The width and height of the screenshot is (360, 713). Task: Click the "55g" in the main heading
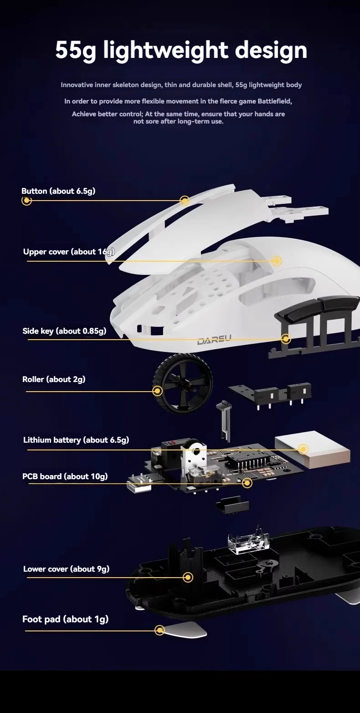click(x=76, y=50)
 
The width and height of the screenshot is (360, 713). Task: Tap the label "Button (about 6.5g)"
click(x=58, y=191)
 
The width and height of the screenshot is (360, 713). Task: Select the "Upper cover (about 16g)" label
click(x=69, y=252)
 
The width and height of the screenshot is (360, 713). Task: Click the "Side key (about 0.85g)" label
click(x=64, y=331)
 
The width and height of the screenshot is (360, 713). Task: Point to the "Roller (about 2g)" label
click(x=54, y=379)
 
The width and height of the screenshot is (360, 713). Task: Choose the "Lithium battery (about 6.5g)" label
click(x=76, y=440)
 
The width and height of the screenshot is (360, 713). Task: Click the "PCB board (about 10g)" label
click(x=65, y=476)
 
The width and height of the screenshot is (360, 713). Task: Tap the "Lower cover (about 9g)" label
click(x=66, y=569)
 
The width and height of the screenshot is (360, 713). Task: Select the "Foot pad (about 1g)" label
click(x=65, y=619)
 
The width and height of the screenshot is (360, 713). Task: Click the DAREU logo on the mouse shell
click(x=214, y=341)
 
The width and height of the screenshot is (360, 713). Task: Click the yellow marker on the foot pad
click(x=159, y=630)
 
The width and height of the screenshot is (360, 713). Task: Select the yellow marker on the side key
click(x=286, y=339)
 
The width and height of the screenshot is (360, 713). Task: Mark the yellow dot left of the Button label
click(x=27, y=201)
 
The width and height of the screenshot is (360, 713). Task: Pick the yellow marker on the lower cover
click(x=188, y=577)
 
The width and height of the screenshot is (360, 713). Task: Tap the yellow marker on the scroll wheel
click(x=158, y=391)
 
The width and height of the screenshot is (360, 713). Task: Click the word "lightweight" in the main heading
click(x=166, y=50)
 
